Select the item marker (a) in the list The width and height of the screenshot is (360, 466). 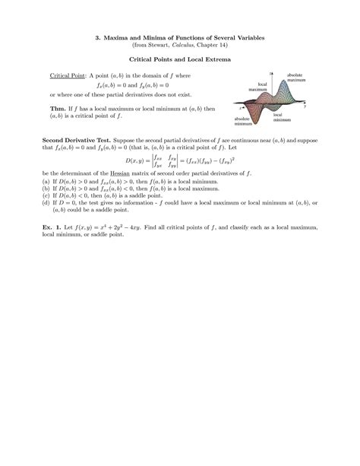coord(46,182)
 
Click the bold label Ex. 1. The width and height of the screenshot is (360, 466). coord(54,227)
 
